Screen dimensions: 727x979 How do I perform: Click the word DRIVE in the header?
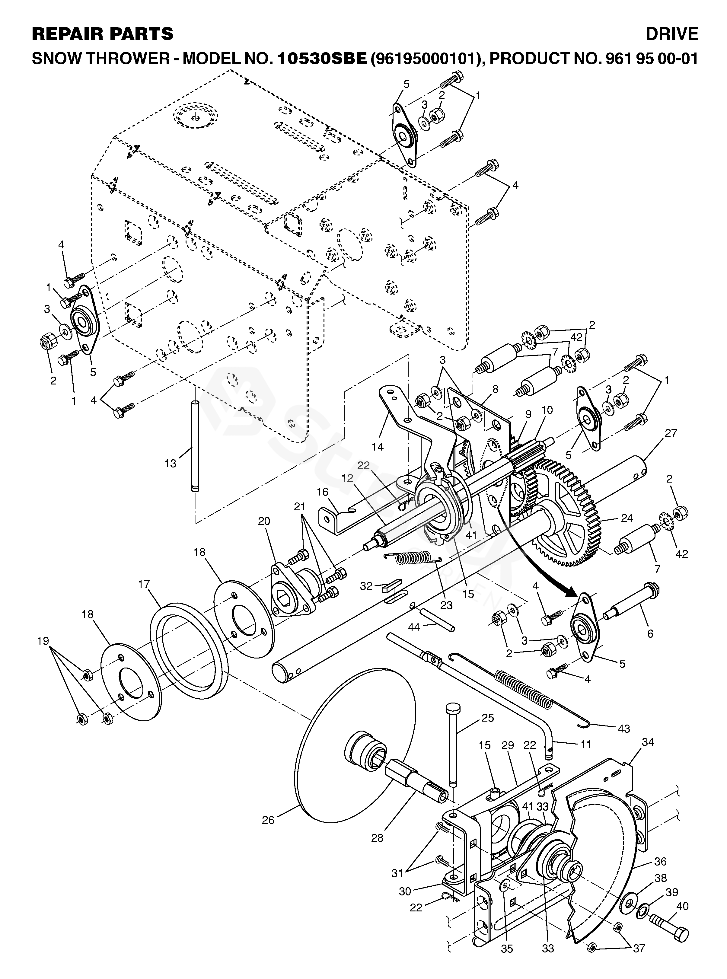[672, 34]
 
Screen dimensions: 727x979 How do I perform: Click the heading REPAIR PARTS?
[103, 34]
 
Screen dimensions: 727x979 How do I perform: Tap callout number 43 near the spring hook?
[624, 729]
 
